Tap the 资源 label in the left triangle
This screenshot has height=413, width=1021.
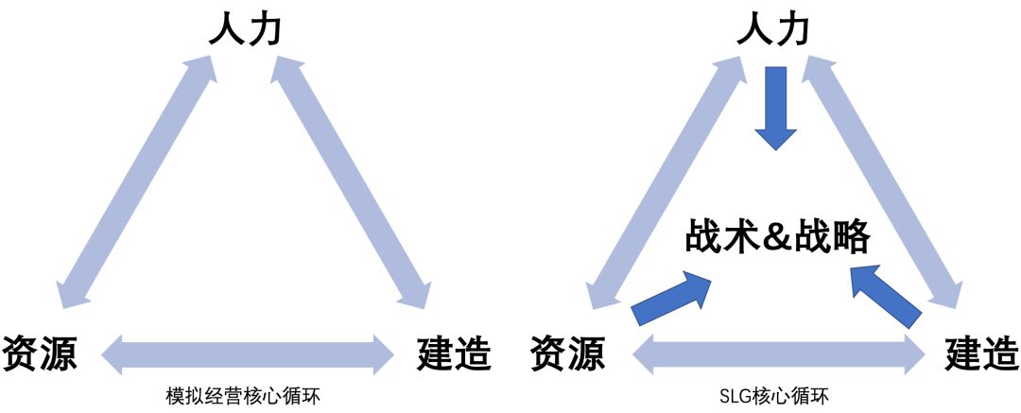pyautogui.click(x=39, y=353)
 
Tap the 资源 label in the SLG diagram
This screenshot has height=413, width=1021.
pyautogui.click(x=567, y=353)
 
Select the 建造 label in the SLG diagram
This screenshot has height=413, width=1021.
pyautogui.click(x=982, y=353)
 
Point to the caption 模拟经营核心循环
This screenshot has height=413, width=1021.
pyautogui.click(x=243, y=395)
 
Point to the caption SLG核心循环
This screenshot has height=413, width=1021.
pyautogui.click(x=774, y=395)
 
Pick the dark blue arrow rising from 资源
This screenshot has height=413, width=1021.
pyautogui.click(x=672, y=296)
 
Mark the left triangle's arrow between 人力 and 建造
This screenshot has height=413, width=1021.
pyautogui.click(x=353, y=180)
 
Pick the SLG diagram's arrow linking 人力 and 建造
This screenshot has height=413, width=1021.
pyautogui.click(x=884, y=180)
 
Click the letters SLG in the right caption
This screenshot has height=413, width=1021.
pyautogui.click(x=736, y=395)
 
